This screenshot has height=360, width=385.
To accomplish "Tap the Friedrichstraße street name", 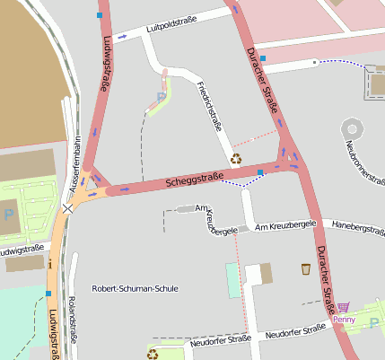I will tap(207, 106).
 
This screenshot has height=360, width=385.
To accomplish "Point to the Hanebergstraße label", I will tap(357, 225).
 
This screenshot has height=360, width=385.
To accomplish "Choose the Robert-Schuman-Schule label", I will tap(136, 289).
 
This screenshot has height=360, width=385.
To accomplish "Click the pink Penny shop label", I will tap(344, 319).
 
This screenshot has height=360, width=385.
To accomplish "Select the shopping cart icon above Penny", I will tap(344, 307).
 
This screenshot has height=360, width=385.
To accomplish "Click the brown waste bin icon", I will tap(305, 268).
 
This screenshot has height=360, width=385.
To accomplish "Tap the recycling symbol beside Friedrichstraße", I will tap(236, 159).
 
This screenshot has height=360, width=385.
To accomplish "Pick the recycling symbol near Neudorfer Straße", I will tap(153, 354).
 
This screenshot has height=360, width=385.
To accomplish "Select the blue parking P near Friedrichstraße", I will tap(161, 96).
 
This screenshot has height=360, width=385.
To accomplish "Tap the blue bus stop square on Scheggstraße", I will tap(260, 171).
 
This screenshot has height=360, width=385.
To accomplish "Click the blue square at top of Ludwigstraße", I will tap(99, 15).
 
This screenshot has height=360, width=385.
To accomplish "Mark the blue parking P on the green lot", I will tap(8, 215).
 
